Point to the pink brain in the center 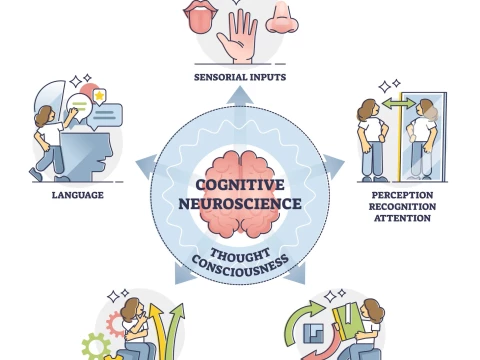point(240,171)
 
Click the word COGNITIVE point(240,185)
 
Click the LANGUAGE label point(77,194)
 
